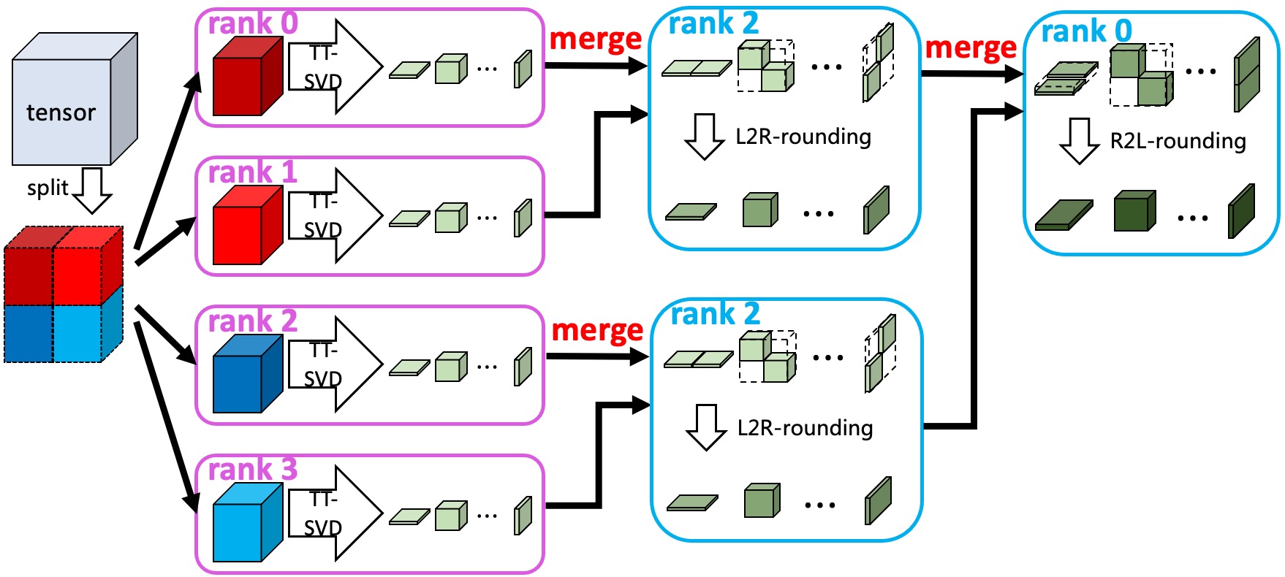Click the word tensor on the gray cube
(61, 112)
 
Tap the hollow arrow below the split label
(93, 191)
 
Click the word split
(48, 188)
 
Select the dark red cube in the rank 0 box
(246, 77)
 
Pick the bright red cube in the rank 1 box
(246, 226)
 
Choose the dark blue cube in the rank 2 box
(246, 375)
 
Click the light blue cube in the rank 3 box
(246, 524)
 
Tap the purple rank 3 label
(252, 469)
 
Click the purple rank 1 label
(252, 172)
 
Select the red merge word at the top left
(595, 39)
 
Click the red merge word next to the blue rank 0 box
(970, 47)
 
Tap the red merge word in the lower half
(597, 330)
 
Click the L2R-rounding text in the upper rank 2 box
(803, 137)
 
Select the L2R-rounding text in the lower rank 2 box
(805, 428)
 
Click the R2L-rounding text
(1178, 141)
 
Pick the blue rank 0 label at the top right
(1086, 31)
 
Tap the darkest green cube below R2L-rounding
(1134, 211)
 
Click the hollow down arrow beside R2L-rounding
(1079, 141)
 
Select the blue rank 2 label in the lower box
(715, 314)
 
